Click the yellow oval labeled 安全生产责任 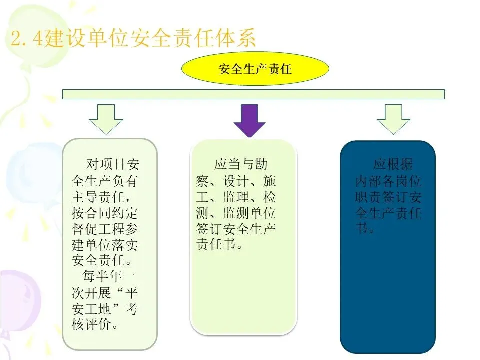click(x=255, y=68)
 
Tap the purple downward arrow click(x=249, y=120)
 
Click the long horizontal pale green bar click(x=253, y=94)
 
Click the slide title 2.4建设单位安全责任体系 click(x=133, y=39)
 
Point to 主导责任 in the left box click(x=100, y=196)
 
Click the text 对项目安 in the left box click(x=112, y=164)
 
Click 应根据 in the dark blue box click(x=393, y=164)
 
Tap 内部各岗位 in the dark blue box click(x=388, y=181)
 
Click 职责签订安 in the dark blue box click(x=388, y=197)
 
